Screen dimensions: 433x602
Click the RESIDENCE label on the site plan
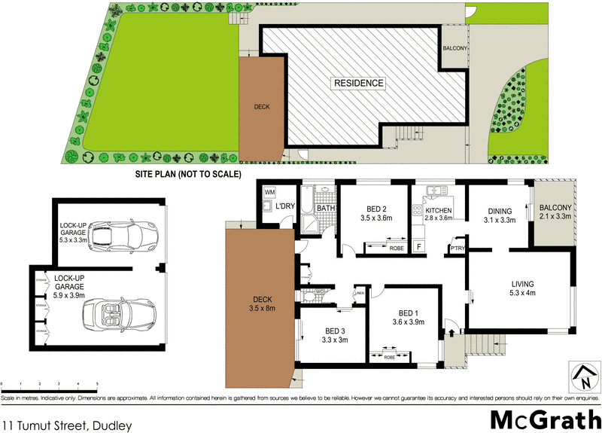coord(358,83)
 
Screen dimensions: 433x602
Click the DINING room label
coord(500,211)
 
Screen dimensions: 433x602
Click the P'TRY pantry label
coord(457,248)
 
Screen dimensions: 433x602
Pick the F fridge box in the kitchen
coord(419,246)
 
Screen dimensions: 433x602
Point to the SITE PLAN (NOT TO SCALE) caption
coord(187,175)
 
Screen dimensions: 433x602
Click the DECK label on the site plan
coord(262,107)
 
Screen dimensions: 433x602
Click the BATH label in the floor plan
coord(325,209)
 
